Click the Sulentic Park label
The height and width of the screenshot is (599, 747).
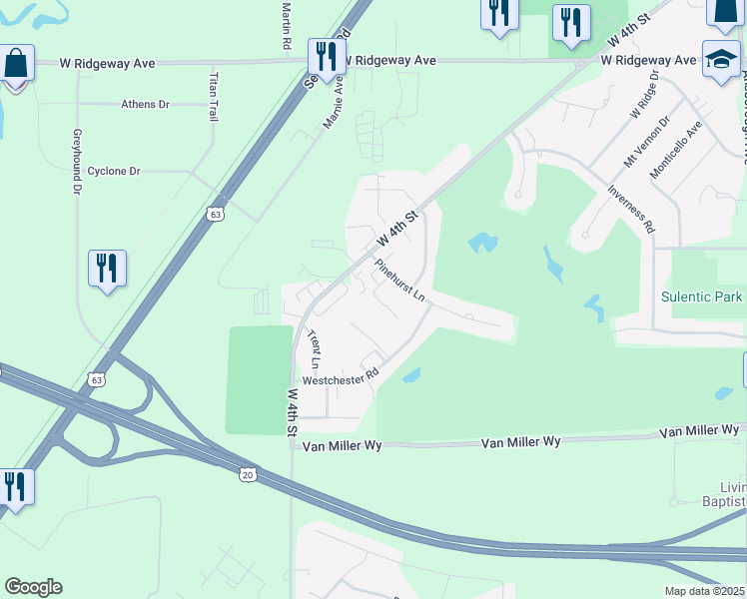[702, 297]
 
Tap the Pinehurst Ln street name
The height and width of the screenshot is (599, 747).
[400, 282]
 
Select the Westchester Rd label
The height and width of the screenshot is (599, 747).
[342, 378]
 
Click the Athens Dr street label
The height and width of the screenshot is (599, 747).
[146, 104]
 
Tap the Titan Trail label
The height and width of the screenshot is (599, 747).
[213, 97]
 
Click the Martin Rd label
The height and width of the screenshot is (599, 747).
[286, 26]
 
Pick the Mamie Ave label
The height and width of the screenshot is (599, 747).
[333, 105]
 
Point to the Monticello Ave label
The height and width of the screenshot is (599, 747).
[691, 150]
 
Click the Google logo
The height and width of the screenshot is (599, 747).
[33, 587]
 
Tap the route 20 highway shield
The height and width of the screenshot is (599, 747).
[247, 474]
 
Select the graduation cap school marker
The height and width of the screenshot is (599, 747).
[721, 59]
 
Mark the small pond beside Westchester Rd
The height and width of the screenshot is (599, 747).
[409, 376]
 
